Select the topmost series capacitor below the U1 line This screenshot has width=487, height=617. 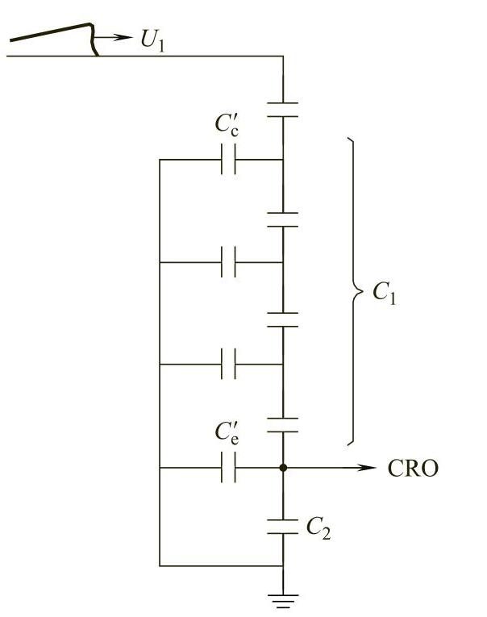pos(283,110)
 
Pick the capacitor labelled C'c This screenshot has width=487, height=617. pos(228,160)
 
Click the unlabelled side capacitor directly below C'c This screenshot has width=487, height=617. pos(228,262)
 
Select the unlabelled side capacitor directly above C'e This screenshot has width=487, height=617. pos(228,365)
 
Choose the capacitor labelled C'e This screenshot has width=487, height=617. pos(228,468)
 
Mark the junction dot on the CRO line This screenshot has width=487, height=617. pos(283,468)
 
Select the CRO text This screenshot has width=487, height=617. pos(414,469)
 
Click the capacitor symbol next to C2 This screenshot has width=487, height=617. pos(283,527)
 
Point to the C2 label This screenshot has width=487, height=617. pos(318,528)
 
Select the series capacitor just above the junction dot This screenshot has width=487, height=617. pos(283,426)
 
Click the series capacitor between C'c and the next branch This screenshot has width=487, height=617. pos(283,219)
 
